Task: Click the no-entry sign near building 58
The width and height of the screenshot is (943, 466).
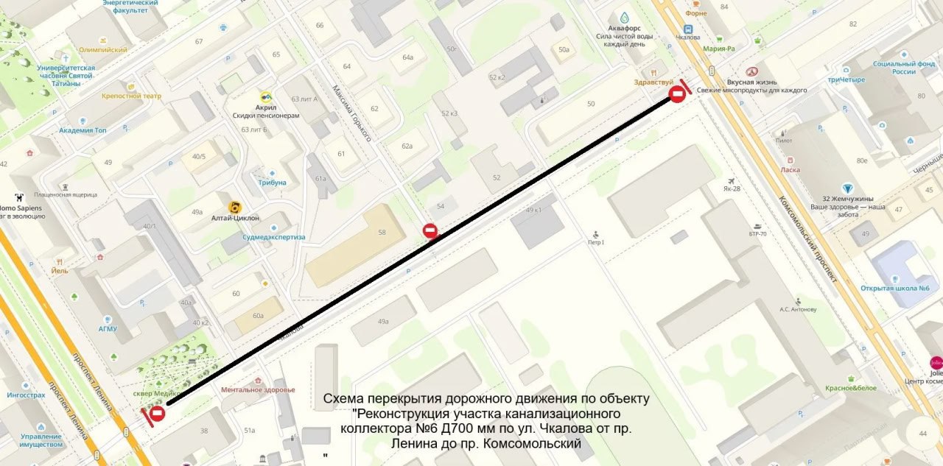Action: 431,231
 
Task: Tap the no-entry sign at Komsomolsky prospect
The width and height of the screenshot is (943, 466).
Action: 677,94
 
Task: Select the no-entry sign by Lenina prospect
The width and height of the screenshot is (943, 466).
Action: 157,414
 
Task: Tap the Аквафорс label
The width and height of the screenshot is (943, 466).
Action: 624,27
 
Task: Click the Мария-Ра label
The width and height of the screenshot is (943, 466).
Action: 719,49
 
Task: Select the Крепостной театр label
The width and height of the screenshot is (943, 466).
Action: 131,96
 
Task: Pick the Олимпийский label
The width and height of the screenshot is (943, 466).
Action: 103,50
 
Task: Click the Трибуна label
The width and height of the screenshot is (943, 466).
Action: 272,183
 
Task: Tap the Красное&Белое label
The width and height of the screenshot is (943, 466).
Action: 850,388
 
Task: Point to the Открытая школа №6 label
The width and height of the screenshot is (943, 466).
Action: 894,288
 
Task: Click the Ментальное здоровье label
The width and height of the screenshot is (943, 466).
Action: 258,389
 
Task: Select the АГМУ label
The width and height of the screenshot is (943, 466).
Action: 108,328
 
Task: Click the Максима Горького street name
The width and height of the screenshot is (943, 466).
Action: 351,113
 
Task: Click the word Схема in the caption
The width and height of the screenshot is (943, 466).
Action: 344,399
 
